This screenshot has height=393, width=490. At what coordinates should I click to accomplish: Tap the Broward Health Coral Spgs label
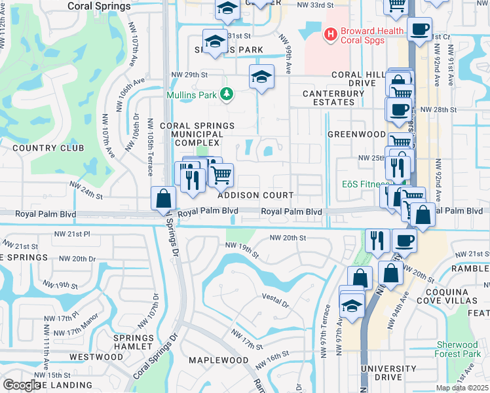click(367, 35)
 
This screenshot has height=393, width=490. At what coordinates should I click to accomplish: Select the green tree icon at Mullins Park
click(227, 95)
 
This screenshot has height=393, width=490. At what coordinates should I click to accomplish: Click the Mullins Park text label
click(191, 95)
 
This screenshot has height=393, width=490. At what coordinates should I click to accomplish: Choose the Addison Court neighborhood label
click(255, 196)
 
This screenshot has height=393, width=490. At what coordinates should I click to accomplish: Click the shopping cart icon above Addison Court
click(221, 175)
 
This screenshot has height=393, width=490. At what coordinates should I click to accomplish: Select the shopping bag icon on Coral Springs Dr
click(163, 198)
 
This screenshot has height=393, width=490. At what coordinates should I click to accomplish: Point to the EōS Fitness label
click(365, 184)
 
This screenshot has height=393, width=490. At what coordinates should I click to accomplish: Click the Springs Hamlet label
click(133, 342)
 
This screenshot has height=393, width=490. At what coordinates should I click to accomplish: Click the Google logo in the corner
click(21, 385)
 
